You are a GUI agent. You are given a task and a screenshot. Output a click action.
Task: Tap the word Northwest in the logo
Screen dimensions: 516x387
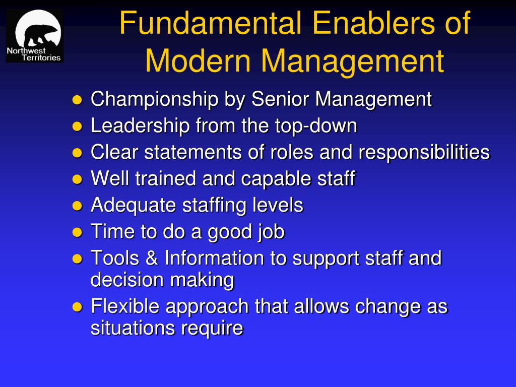click(x=26, y=51)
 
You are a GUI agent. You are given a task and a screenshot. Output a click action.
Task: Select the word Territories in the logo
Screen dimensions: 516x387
click(x=41, y=58)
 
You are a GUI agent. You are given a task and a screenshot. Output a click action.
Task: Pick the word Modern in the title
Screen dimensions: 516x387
click(x=198, y=61)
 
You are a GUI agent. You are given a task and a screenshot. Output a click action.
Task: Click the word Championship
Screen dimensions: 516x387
click(x=154, y=99)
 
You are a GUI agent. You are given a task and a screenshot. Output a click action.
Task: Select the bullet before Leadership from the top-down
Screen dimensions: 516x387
click(x=77, y=126)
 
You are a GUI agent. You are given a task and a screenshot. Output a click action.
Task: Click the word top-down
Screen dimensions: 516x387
click(x=316, y=126)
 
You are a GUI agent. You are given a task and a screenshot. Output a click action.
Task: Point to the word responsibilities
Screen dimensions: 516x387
click(x=424, y=152)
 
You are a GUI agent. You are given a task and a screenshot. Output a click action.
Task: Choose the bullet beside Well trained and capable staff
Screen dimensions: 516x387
click(x=77, y=179)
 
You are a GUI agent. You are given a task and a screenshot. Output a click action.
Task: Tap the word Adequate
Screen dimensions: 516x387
click(x=133, y=206)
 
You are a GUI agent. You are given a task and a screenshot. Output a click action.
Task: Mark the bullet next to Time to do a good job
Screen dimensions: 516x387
click(x=77, y=232)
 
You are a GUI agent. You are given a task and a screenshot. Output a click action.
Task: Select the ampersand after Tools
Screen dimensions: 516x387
click(x=151, y=257)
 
